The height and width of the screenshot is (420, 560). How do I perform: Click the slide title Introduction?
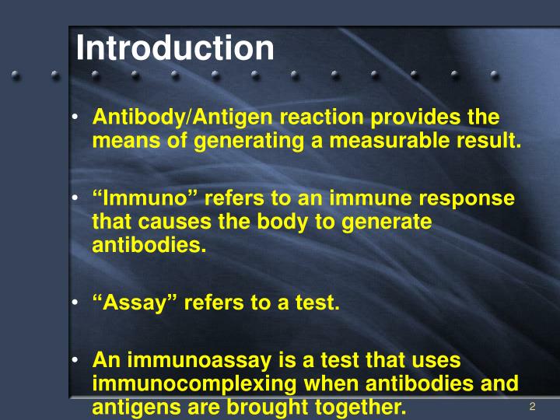175,48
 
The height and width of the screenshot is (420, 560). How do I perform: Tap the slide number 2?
533,407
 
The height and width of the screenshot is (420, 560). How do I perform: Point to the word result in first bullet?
490,141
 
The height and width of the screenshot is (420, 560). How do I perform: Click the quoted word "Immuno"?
134,198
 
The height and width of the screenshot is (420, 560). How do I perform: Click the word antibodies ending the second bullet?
150,246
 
